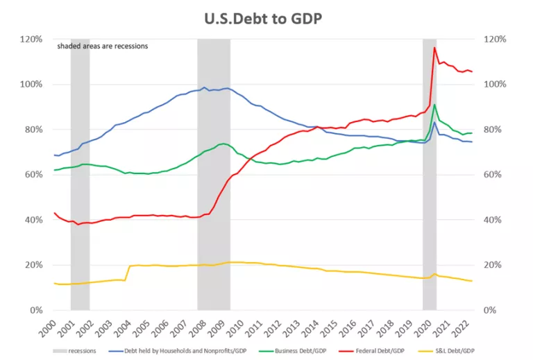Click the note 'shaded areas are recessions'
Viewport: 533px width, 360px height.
102,46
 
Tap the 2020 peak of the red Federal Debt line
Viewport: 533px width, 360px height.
434,48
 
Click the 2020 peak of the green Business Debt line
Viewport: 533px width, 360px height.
434,105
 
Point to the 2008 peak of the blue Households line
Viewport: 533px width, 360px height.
204,87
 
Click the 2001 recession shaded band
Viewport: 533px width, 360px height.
80,173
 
